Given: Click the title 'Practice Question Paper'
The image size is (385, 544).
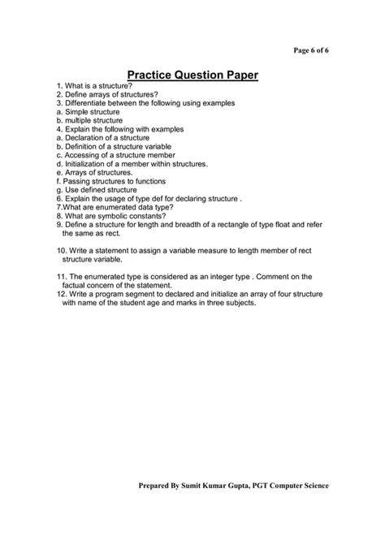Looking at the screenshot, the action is point(192,76).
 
